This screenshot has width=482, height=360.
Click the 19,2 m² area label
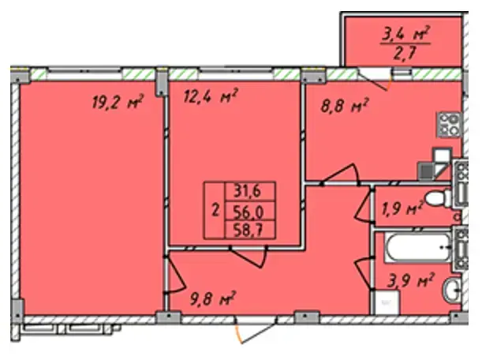[x=118, y=102]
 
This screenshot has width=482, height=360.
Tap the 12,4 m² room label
[x=211, y=96]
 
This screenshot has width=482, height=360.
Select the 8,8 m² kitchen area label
[x=344, y=106]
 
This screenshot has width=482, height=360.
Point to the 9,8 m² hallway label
[x=213, y=298]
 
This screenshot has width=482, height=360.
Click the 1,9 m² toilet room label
[x=402, y=209]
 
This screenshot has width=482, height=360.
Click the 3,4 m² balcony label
[x=405, y=34]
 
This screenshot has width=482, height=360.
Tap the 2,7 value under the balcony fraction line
[x=405, y=53]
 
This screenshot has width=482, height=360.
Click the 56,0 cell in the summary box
[x=248, y=212]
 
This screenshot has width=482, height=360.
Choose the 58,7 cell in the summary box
[x=248, y=231]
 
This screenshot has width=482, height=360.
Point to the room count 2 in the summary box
[x=216, y=211]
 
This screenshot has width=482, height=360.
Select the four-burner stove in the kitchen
[x=449, y=124]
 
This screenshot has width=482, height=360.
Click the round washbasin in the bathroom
[x=452, y=290]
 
